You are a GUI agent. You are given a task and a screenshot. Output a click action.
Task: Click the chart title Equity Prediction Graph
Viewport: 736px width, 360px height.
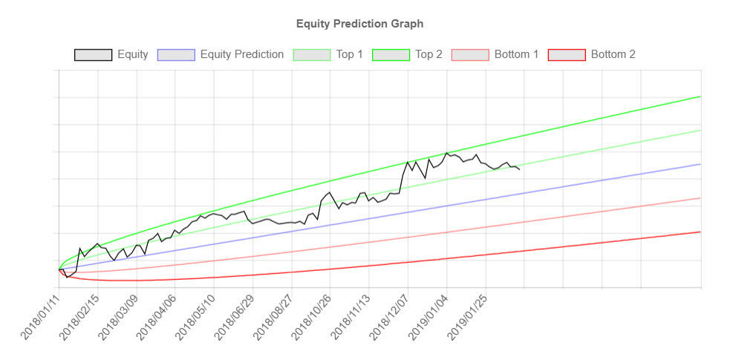[x=359, y=24]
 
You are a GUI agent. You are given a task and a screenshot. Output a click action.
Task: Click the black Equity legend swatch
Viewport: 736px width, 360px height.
[x=93, y=54]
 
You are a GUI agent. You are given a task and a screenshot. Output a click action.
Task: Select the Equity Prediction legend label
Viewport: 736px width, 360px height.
[x=242, y=54]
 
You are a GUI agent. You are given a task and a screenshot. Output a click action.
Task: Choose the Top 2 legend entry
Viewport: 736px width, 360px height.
[x=429, y=54]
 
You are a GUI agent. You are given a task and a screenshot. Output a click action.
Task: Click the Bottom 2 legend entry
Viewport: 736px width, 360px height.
[x=613, y=54]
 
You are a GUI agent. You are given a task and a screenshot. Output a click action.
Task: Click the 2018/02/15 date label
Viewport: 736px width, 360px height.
[x=79, y=315]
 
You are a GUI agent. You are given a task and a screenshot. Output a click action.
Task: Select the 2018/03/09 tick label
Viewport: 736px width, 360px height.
[x=118, y=315]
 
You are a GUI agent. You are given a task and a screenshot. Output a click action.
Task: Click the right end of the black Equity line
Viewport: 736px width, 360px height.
[x=519, y=170]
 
